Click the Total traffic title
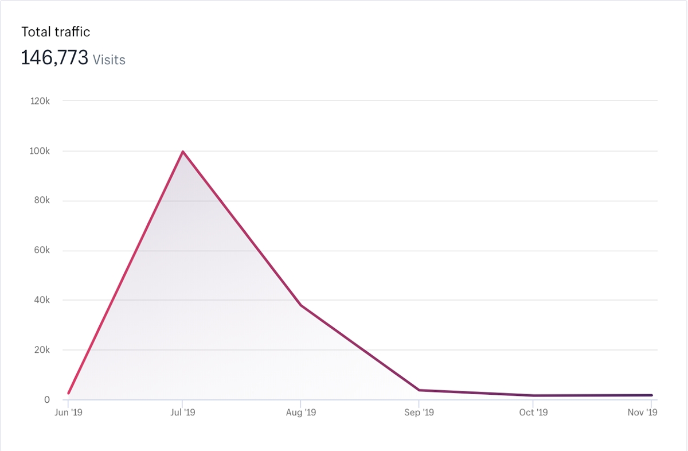(56, 32)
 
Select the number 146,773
(54, 58)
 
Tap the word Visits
(109, 60)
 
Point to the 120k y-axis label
(40, 101)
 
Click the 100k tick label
(40, 151)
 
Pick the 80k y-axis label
(41, 201)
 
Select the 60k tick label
(41, 251)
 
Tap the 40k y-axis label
(41, 300)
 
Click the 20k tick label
(41, 350)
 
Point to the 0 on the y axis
(47, 400)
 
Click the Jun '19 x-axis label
(69, 413)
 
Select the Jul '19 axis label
(183, 413)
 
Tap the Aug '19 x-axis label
(301, 413)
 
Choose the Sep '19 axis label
(420, 413)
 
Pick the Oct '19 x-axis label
(534, 413)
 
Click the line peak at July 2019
(183, 151)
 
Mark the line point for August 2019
(301, 305)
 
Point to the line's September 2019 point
(420, 390)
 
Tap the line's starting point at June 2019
(69, 394)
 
